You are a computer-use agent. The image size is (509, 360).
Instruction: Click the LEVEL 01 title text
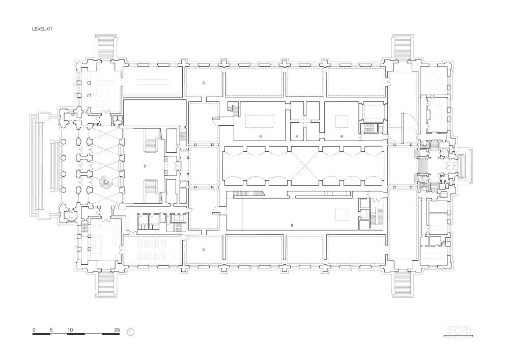point(42,30)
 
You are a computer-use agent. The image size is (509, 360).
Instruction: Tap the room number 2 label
point(145,166)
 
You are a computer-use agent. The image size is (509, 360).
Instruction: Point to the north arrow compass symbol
point(131,332)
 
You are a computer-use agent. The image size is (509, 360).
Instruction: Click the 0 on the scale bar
point(34,330)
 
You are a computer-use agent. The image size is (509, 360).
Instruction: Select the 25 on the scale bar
point(117,330)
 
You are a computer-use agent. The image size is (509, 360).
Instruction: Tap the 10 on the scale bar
point(70,330)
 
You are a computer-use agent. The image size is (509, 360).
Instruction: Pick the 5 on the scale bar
point(51,330)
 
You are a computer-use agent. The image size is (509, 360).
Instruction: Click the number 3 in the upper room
point(203,82)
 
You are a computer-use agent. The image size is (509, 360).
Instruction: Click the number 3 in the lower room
point(203,250)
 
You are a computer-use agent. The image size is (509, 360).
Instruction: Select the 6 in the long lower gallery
point(292,224)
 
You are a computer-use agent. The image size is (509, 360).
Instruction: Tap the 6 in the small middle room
point(297,136)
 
